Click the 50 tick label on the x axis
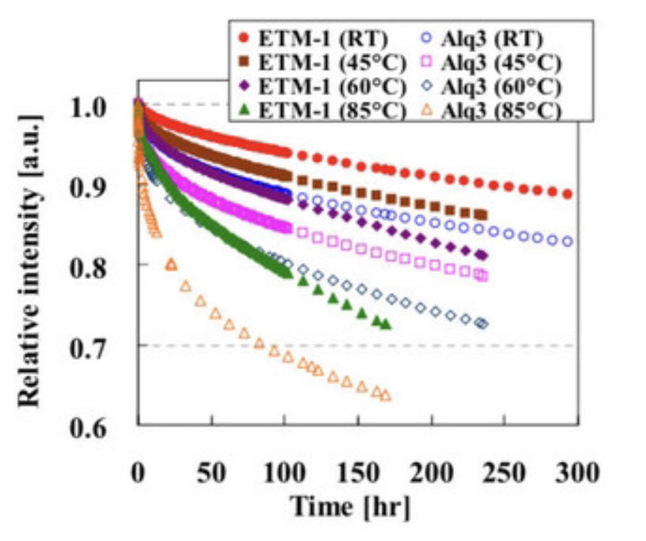pyautogui.click(x=211, y=472)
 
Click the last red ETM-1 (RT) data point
pyautogui.click(x=567, y=194)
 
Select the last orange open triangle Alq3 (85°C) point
pyautogui.click(x=386, y=395)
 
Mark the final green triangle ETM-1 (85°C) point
pyautogui.click(x=386, y=324)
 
